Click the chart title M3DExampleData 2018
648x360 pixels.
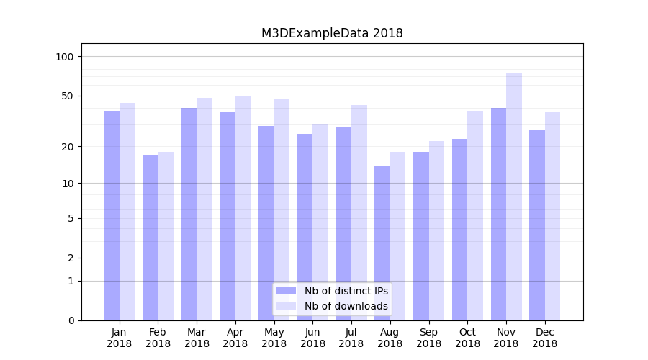(332, 33)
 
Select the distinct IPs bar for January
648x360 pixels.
(112, 216)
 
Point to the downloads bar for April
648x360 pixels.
(243, 208)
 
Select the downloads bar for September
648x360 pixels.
(436, 230)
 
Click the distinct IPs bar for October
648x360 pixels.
(459, 230)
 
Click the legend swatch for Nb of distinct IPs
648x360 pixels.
(286, 291)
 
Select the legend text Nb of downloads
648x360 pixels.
(346, 306)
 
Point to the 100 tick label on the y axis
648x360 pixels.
(65, 57)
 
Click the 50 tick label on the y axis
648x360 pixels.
(68, 96)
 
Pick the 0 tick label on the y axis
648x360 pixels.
(71, 320)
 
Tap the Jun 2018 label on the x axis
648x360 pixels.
(312, 338)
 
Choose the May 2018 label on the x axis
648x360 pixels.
(274, 338)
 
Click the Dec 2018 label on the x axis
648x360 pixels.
(544, 338)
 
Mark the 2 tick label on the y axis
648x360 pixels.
(71, 258)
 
